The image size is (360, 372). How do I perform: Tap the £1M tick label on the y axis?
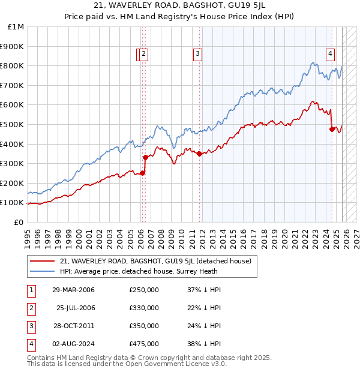point(16,27)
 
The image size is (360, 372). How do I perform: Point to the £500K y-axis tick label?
point(13,124)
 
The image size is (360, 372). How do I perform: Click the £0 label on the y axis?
point(19,222)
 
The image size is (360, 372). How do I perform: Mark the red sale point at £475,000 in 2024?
point(332,129)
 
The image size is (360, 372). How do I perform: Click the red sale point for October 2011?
point(199,154)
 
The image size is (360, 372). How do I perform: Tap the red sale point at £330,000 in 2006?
point(145,157)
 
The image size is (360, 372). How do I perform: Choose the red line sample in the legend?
point(42,261)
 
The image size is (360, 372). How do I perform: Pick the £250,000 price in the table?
point(144,290)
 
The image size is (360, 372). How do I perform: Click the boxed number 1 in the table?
point(31,290)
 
